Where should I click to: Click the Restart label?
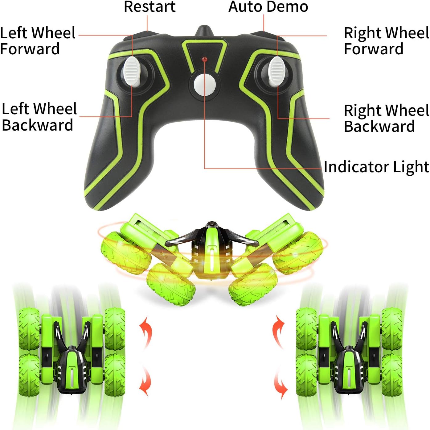point(149,7)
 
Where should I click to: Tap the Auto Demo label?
point(268,7)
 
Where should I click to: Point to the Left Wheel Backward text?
point(39,117)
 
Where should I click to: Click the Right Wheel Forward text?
point(386,41)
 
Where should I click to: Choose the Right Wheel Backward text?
point(386,118)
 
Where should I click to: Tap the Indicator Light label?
point(376,167)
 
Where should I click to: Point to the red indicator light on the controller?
point(204,59)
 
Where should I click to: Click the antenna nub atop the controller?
point(204,31)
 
